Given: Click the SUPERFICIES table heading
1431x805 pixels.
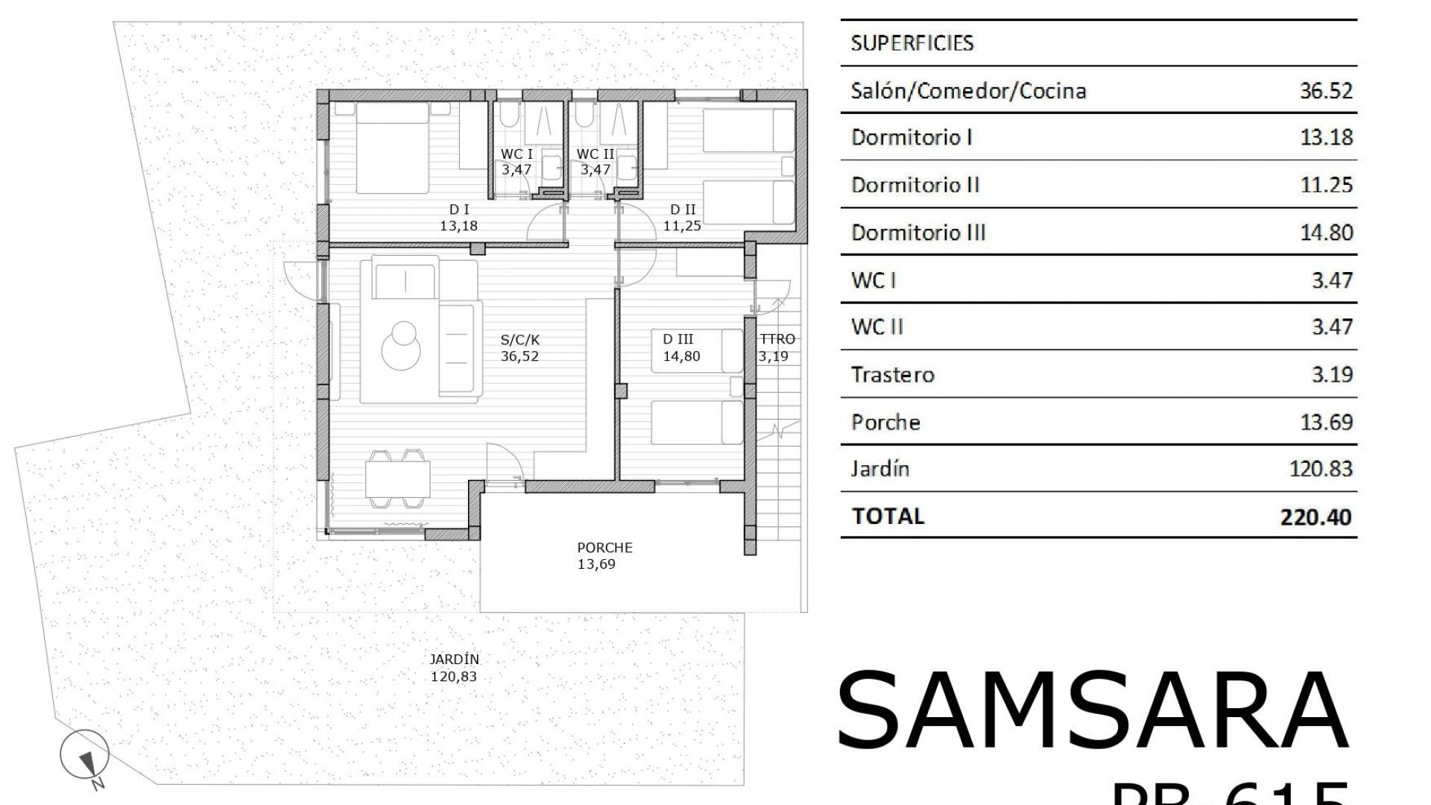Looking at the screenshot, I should click(912, 43).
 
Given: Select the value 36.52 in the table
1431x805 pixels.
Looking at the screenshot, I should click(1325, 91).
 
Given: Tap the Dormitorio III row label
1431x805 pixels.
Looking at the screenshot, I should click(917, 233).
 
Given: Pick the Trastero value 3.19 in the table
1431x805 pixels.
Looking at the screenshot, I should click(1331, 374).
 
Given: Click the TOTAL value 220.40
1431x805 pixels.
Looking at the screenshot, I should click(1315, 517).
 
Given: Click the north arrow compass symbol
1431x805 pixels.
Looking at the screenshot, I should click(85, 755).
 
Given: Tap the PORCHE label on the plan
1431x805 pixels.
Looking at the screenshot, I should click(604, 548).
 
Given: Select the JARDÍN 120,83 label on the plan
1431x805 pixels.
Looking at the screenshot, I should click(454, 668).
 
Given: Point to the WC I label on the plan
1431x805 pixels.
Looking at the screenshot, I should click(516, 154).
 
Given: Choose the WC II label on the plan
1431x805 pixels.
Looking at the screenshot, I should click(595, 154).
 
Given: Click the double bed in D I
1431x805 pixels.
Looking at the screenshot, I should click(392, 148).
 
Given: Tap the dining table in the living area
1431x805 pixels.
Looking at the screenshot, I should click(397, 479).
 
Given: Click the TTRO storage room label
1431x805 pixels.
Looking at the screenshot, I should click(777, 340).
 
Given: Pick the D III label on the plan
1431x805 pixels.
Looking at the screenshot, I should click(677, 340).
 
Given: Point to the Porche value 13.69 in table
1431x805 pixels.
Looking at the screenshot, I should click(1325, 423).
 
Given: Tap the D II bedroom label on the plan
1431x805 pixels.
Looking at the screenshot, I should click(682, 210).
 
